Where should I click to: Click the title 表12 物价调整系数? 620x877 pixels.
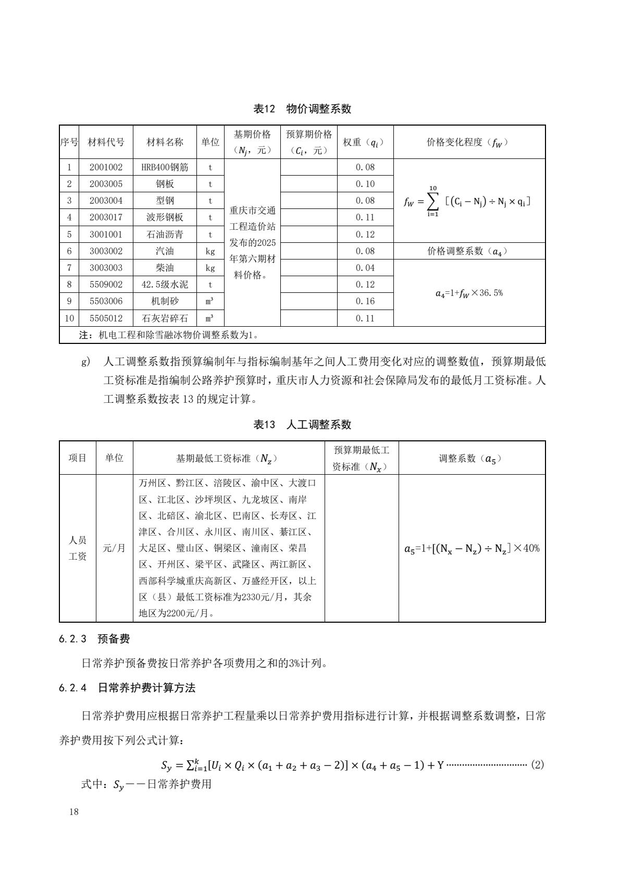302,109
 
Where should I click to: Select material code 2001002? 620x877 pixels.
106,167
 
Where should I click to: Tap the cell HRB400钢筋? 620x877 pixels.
165,167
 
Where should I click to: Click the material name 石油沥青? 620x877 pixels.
165,234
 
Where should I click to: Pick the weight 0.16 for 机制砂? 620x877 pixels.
365,301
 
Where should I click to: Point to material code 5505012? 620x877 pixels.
106,318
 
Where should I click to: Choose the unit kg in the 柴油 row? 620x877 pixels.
210,268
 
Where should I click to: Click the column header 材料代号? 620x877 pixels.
106,142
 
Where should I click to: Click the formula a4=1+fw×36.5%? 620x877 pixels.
469,293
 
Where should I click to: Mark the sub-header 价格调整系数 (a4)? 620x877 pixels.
469,251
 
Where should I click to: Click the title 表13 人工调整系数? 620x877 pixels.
302,425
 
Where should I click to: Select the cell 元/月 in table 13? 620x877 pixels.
114,548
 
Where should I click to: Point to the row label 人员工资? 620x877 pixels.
78,548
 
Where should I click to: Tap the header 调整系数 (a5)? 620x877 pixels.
472,458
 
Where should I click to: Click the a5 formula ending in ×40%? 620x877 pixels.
472,548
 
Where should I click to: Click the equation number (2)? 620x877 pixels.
537,765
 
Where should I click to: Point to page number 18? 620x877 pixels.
73,812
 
